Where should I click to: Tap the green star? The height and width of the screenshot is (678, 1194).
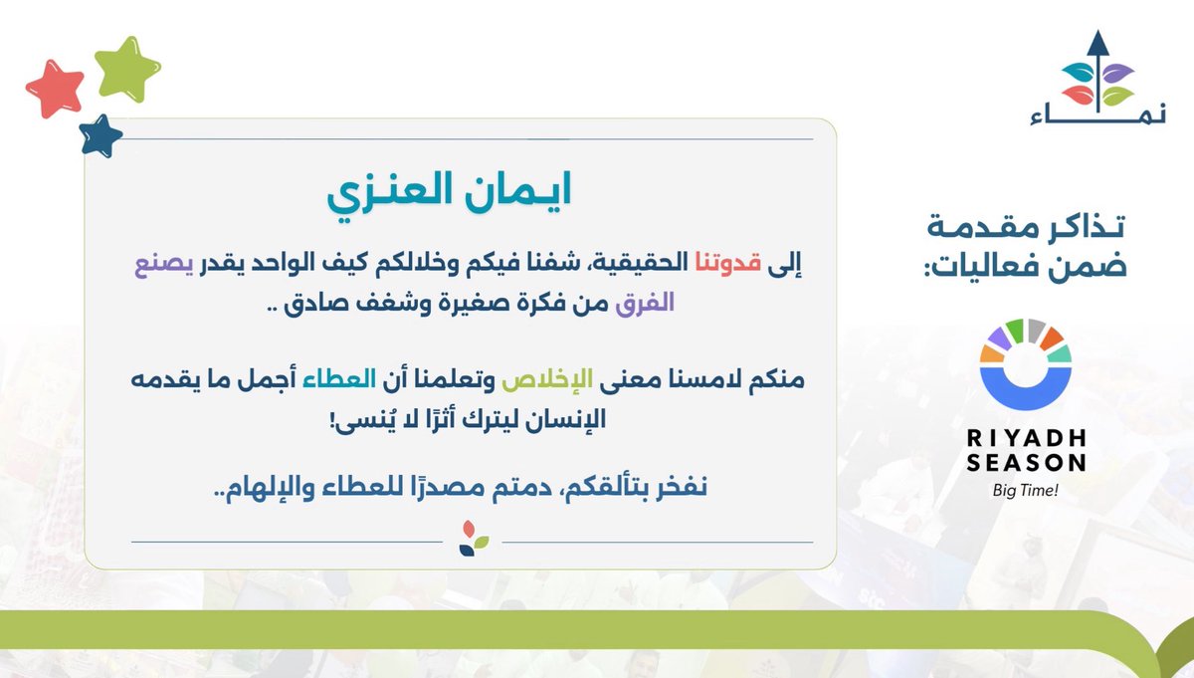[126, 68]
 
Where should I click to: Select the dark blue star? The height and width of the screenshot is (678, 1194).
[99, 135]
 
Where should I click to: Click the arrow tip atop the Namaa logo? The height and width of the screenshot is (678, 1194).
[1096, 41]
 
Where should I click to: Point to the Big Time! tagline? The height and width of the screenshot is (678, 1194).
[1024, 489]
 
